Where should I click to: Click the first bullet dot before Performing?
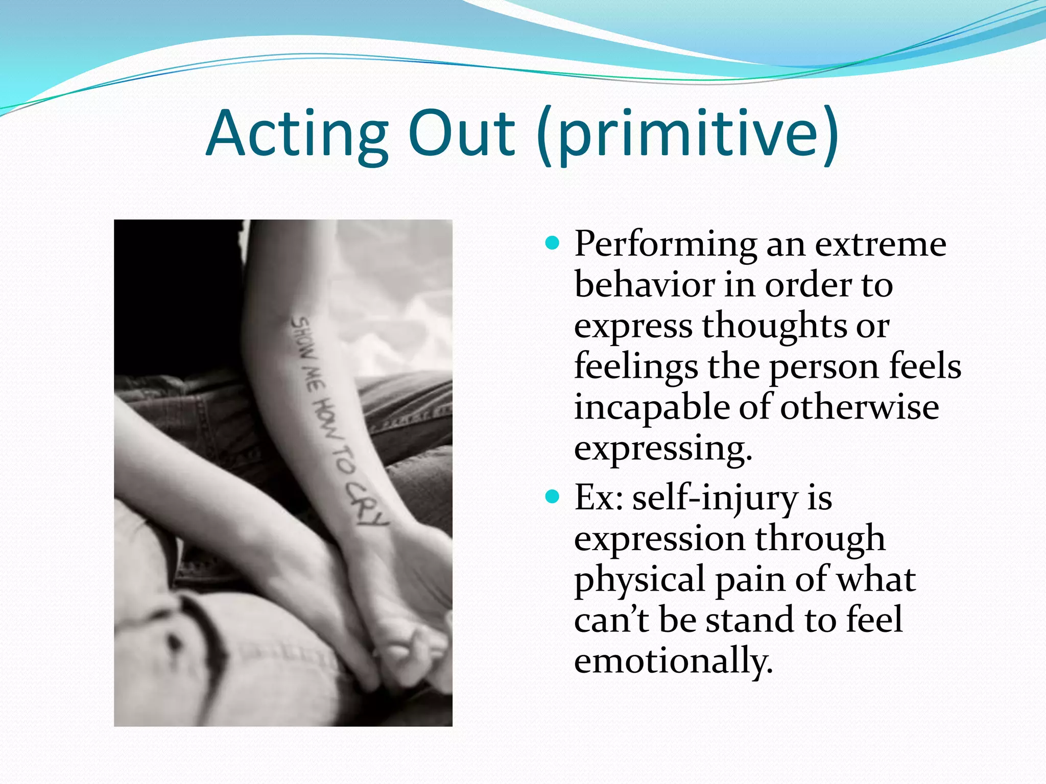coord(552,242)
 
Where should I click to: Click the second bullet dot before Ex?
coord(552,496)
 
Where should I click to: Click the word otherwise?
coord(859,407)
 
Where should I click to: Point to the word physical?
coord(639,580)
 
